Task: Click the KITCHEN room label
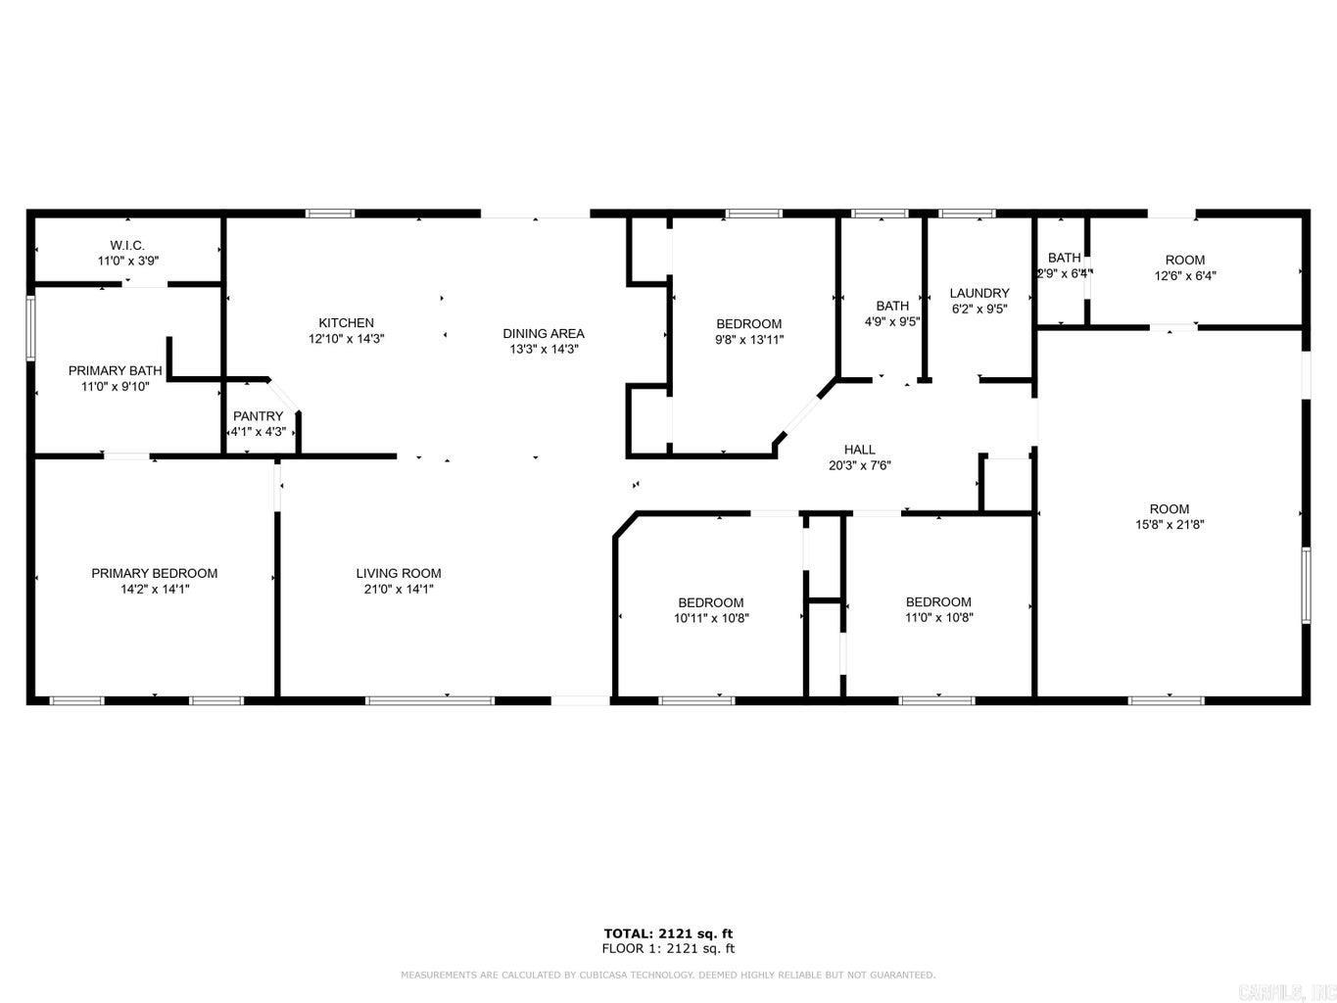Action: (x=346, y=323)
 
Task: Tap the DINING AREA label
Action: (x=543, y=333)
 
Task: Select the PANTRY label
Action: (x=258, y=416)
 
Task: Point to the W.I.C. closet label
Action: (x=127, y=245)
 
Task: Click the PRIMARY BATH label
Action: (x=115, y=370)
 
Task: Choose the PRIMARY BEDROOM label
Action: (x=154, y=573)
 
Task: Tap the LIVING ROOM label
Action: (x=398, y=573)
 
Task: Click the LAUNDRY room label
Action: (x=979, y=293)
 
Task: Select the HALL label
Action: (x=859, y=450)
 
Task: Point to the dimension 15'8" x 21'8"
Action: (x=1169, y=524)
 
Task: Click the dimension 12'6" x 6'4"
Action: (x=1184, y=275)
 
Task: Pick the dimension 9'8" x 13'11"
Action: (x=748, y=340)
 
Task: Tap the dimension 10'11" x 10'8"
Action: (x=710, y=618)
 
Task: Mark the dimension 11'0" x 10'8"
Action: (x=937, y=617)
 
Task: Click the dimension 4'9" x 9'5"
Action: (x=891, y=321)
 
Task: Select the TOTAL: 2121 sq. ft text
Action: (x=667, y=933)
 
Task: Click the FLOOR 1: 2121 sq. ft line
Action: (x=667, y=948)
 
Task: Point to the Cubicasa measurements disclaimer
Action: (x=667, y=975)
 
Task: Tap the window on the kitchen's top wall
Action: (x=329, y=213)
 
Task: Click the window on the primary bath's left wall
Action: (x=30, y=329)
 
